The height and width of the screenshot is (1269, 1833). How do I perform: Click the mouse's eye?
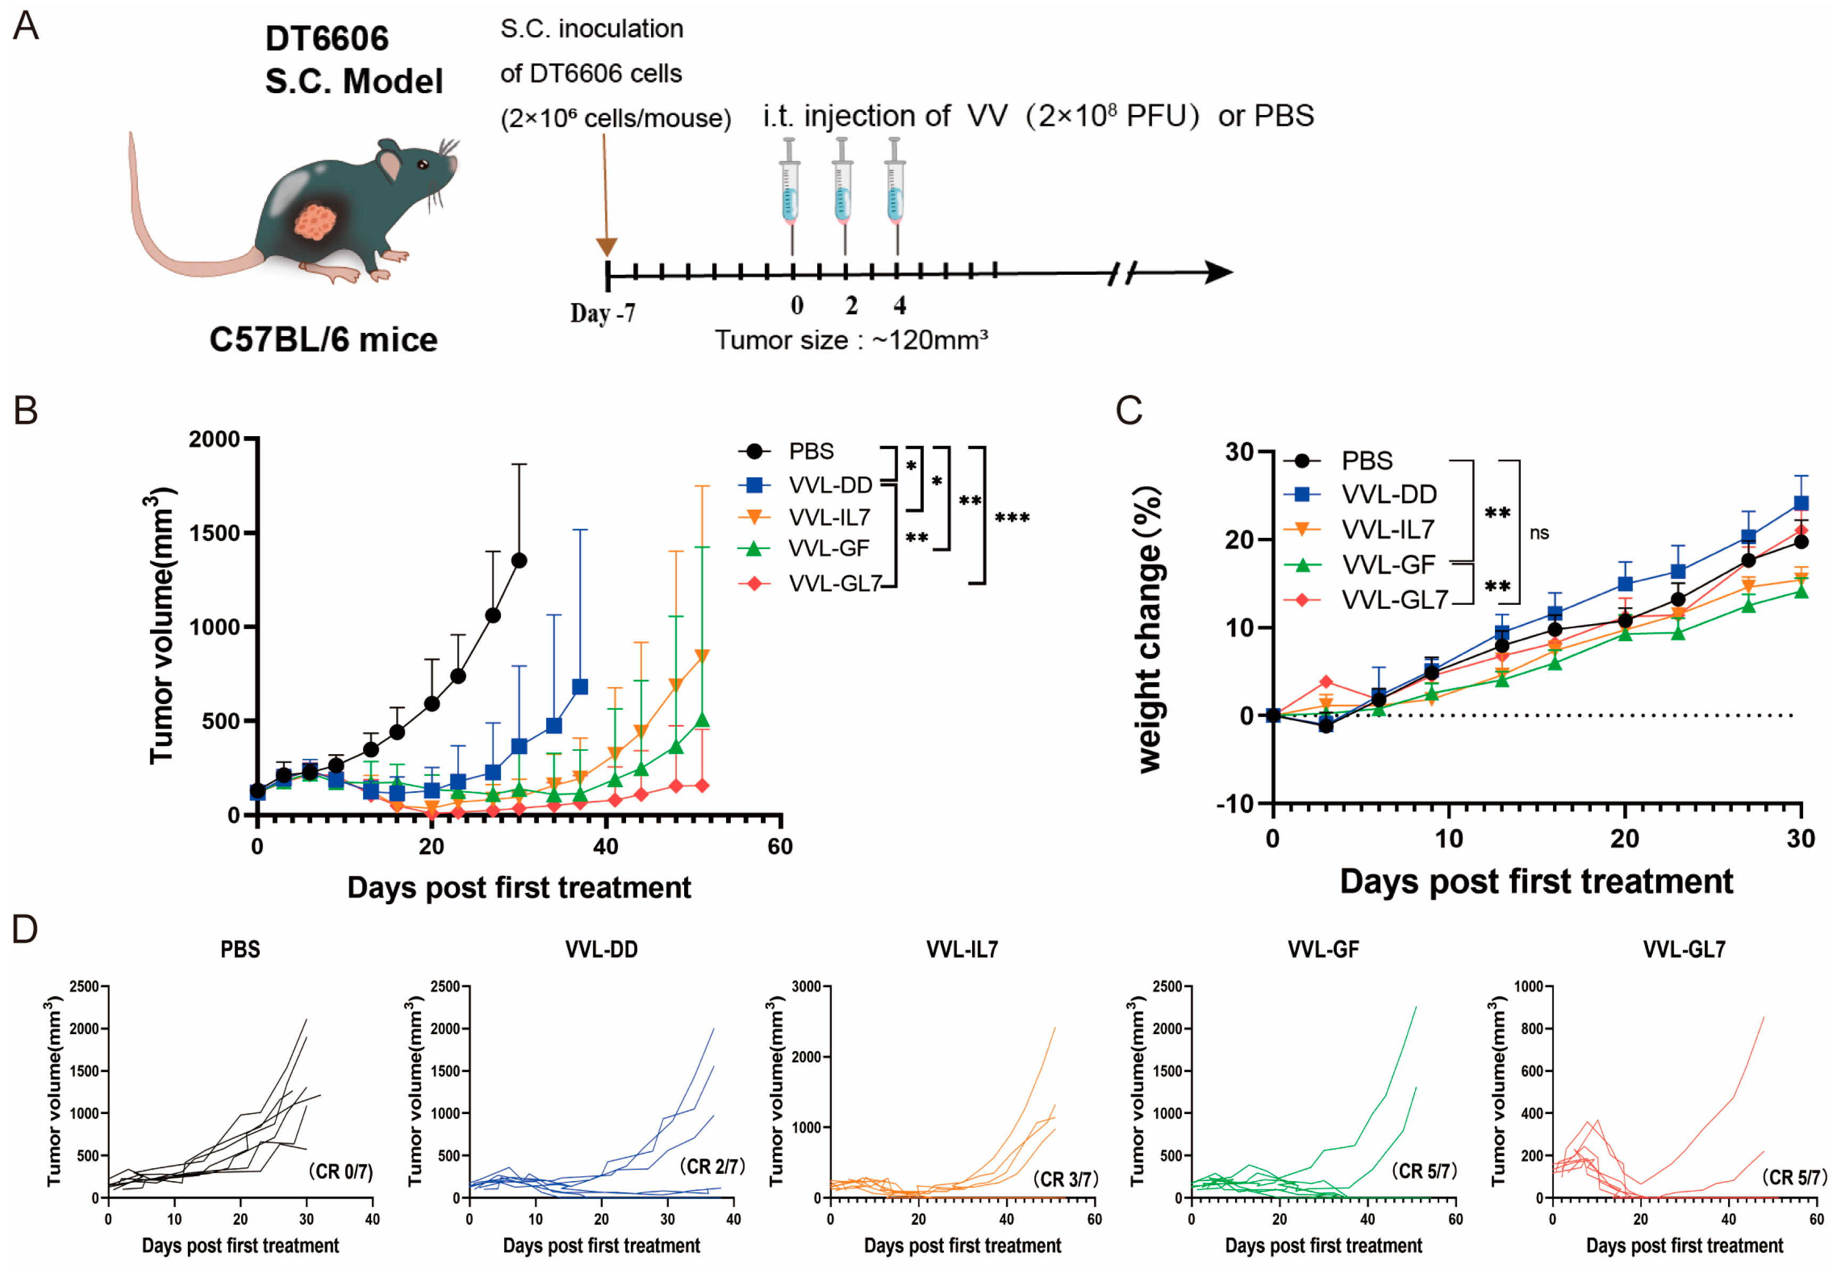point(423,165)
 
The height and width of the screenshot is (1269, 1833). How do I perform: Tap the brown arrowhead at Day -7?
point(606,247)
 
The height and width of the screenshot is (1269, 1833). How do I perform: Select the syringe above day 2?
point(843,195)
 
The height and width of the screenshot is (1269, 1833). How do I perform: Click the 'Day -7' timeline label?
point(603,313)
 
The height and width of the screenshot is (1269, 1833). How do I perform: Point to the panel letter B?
point(26,411)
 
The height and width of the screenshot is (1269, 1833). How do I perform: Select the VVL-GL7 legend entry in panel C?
point(1394,600)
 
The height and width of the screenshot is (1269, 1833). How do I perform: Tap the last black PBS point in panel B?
point(519,561)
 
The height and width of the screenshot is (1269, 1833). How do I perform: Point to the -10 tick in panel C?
point(1235,804)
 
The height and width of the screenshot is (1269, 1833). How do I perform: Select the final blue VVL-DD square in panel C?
point(1801,503)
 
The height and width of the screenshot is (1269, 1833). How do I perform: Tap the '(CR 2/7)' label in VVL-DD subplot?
point(712,1166)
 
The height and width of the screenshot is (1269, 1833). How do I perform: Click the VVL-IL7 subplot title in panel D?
point(962,949)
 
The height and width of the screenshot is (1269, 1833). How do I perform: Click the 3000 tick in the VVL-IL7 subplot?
point(806,987)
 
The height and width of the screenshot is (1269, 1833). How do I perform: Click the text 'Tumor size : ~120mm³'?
point(851,340)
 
